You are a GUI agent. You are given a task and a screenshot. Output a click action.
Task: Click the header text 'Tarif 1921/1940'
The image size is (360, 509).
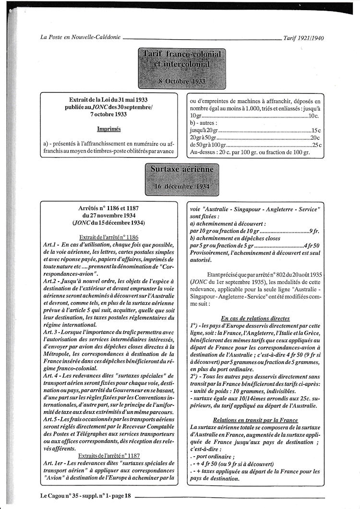(x=304, y=39)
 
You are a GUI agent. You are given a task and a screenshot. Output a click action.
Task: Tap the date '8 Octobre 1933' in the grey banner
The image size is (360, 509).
(x=181, y=81)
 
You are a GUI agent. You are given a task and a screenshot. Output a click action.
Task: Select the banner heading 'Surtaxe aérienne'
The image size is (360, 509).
(x=181, y=170)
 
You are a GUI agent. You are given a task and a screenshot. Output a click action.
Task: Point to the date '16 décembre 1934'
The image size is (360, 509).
(x=181, y=187)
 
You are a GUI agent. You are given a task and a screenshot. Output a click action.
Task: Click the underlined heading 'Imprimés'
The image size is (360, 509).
(x=108, y=130)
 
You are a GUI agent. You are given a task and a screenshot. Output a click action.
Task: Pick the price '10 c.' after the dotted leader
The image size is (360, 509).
(x=314, y=116)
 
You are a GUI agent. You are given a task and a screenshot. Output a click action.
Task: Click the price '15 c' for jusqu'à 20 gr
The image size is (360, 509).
(x=315, y=130)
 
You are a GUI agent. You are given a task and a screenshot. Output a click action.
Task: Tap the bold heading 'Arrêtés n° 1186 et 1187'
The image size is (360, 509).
(x=108, y=209)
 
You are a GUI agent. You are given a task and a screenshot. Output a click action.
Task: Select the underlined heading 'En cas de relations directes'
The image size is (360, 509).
(x=255, y=318)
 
